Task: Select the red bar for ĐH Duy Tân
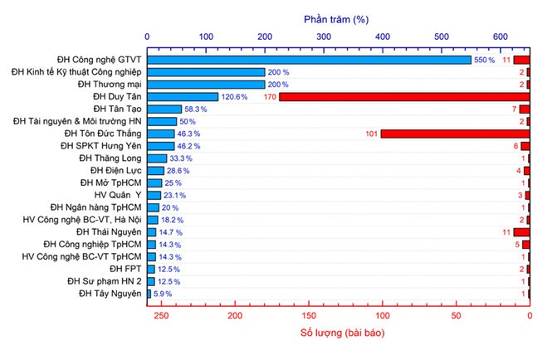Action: tap(403, 97)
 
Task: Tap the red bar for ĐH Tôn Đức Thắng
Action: tap(455, 134)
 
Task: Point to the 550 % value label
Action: tap(485, 61)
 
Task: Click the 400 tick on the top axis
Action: tap(383, 36)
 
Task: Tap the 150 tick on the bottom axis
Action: tap(310, 316)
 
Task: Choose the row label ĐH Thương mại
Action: tap(110, 85)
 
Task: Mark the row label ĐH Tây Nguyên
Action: tap(110, 293)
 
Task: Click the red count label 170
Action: tap(270, 97)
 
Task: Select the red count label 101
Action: tap(371, 134)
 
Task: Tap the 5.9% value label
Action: tap(164, 294)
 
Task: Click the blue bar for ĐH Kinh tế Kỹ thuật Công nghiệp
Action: tap(206, 72)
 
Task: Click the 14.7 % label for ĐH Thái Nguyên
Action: tap(170, 232)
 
